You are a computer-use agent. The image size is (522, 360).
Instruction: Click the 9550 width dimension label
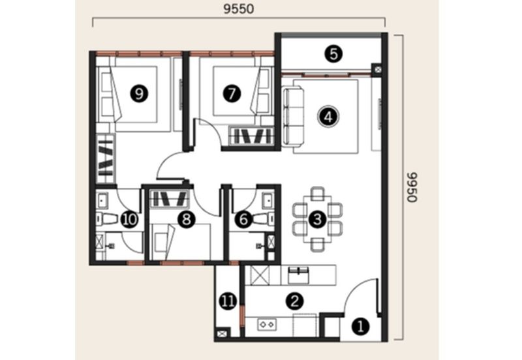[x=238, y=9]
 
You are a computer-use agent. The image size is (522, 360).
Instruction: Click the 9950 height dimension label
[x=412, y=187]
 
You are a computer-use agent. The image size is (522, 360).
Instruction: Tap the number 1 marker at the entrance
[x=361, y=326]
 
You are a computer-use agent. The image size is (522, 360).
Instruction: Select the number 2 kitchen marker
[x=295, y=301]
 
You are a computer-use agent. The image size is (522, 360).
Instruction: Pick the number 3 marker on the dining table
[x=318, y=219]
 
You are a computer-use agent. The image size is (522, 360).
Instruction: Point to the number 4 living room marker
[x=328, y=117]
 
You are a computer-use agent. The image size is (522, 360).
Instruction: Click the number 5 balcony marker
[x=333, y=54]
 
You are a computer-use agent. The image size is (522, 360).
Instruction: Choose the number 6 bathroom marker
[x=243, y=220]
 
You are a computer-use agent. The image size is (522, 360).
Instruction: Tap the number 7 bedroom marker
[x=232, y=93]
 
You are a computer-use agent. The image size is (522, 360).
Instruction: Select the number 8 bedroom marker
[x=187, y=220]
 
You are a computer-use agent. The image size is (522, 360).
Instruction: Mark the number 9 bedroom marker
[x=140, y=93]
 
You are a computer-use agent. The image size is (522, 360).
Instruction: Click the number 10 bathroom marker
[x=129, y=220]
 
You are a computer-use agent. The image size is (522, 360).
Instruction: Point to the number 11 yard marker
[x=228, y=301]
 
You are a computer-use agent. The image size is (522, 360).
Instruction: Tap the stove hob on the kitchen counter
[x=267, y=324]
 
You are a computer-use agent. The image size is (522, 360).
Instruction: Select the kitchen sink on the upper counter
[x=299, y=275]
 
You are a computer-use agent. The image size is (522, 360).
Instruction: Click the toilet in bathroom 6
[x=264, y=219]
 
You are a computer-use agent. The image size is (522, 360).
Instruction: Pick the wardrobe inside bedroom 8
[x=170, y=199]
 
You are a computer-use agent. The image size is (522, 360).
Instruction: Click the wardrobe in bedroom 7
[x=251, y=136]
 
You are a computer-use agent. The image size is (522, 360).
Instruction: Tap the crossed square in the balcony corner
[x=378, y=70]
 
